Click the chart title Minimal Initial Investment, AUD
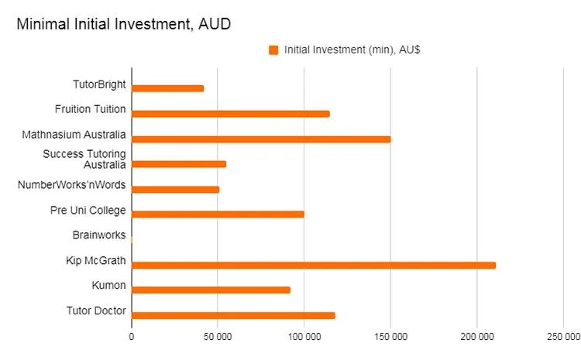click(x=124, y=25)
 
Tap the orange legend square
click(x=273, y=50)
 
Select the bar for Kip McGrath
click(x=314, y=265)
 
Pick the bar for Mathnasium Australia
click(x=261, y=139)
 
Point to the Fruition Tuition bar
click(x=231, y=114)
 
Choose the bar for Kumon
click(x=211, y=290)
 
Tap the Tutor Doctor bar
click(x=233, y=315)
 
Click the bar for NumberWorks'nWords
click(x=176, y=189)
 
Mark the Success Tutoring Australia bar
click(x=179, y=164)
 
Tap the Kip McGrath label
click(x=97, y=260)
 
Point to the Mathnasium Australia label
click(x=74, y=134)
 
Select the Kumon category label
click(x=108, y=286)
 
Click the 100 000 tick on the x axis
click(x=304, y=338)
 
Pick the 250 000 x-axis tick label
click(x=562, y=338)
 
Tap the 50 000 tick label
click(x=218, y=338)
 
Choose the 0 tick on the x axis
click(x=132, y=338)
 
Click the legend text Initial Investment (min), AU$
click(x=352, y=50)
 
